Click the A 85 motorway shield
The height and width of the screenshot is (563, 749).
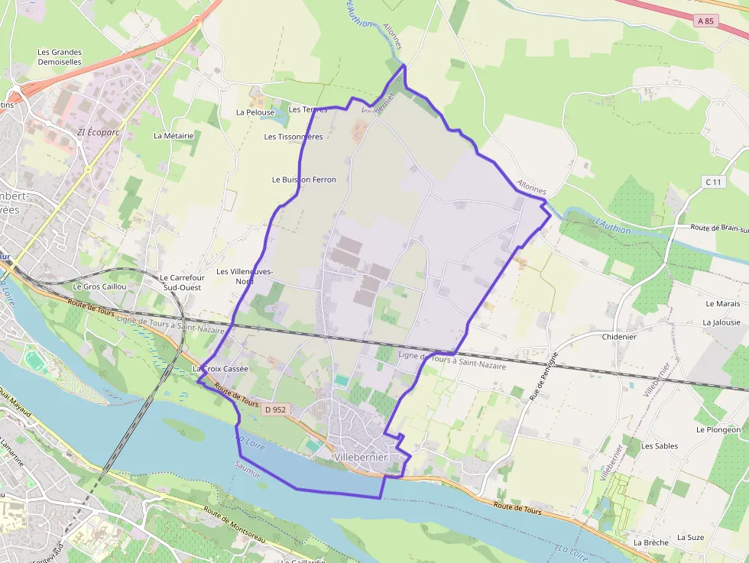705,21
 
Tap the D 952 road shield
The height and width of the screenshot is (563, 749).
275,410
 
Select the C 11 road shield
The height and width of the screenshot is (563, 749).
713,182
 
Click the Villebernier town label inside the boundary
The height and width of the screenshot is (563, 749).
362,457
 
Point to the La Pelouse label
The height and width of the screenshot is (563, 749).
255,112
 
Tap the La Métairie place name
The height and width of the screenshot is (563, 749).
173,136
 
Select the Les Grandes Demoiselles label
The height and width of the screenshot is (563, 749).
60,57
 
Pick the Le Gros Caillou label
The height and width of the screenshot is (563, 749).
99,286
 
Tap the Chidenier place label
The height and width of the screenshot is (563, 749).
619,337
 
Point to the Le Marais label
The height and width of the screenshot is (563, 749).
722,304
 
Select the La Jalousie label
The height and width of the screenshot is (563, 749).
721,322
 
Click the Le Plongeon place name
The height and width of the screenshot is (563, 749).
718,430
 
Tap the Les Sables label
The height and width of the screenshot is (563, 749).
660,446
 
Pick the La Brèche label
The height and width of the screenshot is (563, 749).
651,542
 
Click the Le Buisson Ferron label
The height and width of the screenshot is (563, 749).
304,180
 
